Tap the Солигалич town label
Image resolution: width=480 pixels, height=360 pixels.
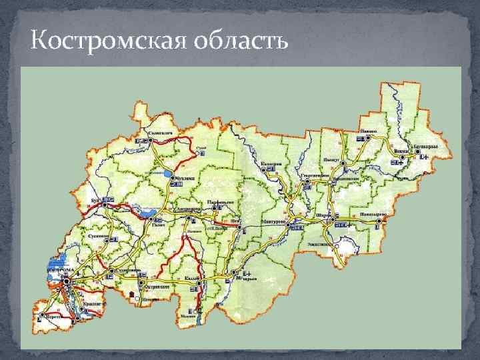[160, 134]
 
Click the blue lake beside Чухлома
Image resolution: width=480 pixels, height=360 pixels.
[167, 175]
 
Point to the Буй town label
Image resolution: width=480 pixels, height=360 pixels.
[95, 199]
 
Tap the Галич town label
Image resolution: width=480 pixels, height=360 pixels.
[158, 224]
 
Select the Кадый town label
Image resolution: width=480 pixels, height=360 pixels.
[192, 277]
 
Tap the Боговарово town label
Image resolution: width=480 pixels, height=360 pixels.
[425, 145]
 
